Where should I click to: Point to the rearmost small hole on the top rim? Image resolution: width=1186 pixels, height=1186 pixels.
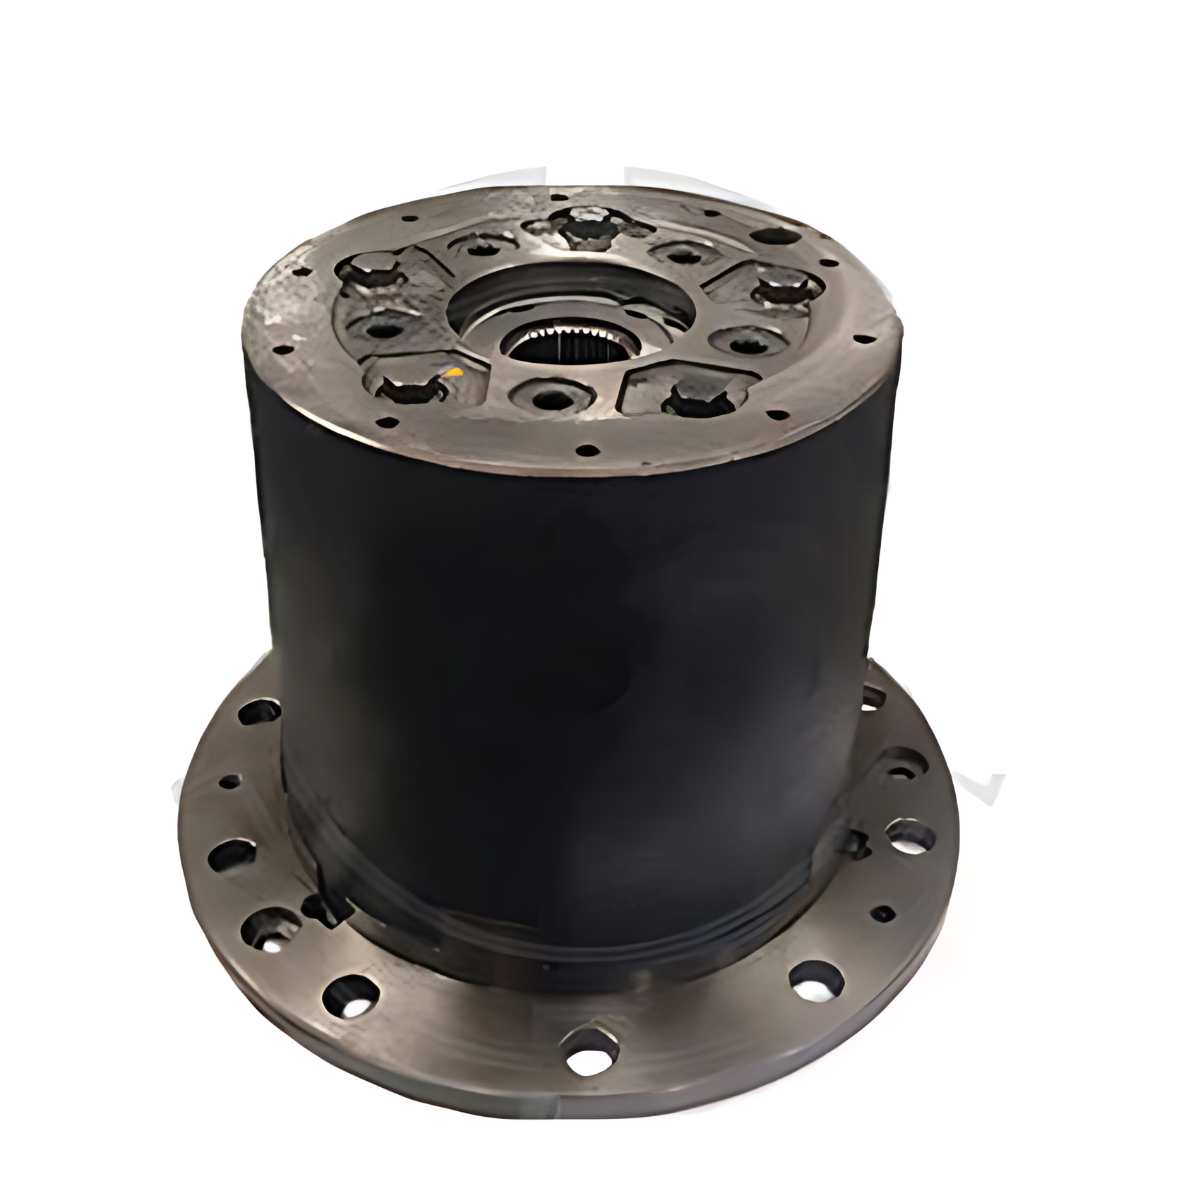click(558, 198)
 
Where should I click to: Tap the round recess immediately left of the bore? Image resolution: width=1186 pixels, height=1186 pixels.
click(380, 329)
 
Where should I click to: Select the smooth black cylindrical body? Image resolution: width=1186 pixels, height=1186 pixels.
click(565, 671)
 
